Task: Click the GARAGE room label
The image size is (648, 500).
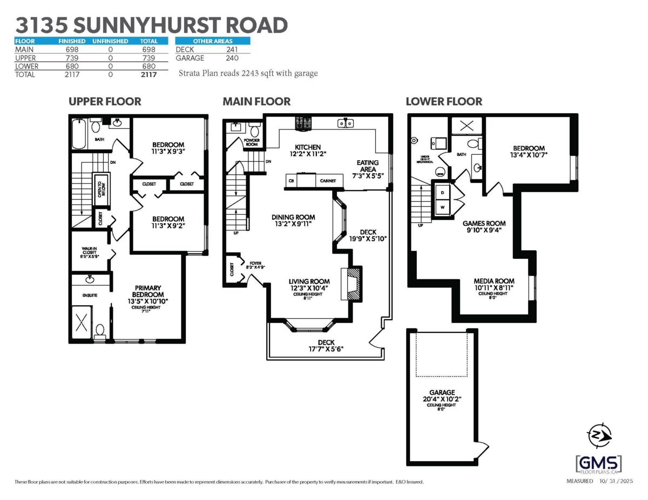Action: point(442,392)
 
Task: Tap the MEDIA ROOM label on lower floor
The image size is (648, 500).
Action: point(494,281)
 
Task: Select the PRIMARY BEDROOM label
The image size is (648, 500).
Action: point(148,291)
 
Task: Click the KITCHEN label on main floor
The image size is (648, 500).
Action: point(307,147)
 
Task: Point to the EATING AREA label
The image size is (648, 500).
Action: point(368,166)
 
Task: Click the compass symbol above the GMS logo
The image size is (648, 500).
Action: point(599,435)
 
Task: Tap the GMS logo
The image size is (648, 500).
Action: point(599,463)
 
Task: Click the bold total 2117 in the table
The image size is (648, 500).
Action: point(148,75)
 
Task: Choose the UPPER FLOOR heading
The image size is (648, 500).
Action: point(105,101)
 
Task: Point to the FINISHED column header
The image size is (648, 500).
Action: point(72,41)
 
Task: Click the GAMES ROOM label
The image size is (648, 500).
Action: point(484,223)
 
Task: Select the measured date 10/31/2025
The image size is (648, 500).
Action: point(615,481)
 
